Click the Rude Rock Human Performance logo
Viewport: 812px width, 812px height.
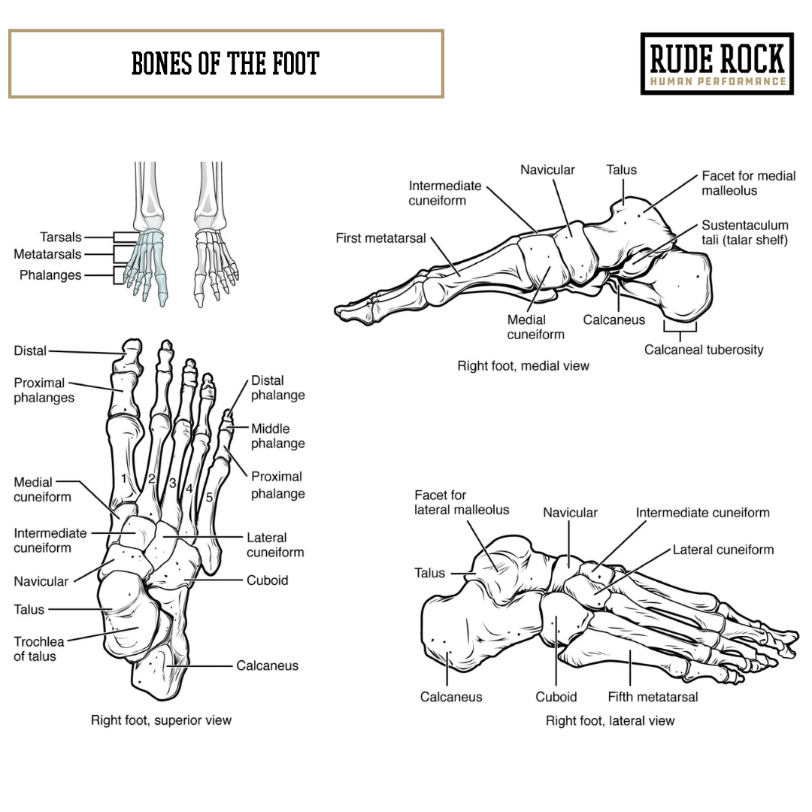pos(717,64)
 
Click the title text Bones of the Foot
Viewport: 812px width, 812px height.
pos(226,64)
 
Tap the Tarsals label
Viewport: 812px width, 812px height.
pos(61,237)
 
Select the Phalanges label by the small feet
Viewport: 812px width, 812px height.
pos(50,275)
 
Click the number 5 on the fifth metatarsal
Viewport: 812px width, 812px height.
pos(209,497)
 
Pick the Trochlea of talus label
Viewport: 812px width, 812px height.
pos(39,649)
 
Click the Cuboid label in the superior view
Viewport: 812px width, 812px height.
pos(267,580)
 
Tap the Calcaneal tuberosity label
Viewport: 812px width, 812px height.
pos(703,350)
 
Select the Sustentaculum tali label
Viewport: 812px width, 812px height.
pos(744,232)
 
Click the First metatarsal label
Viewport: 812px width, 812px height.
pos(380,238)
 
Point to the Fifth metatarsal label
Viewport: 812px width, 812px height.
pos(653,697)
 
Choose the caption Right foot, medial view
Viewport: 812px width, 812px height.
pos(523,366)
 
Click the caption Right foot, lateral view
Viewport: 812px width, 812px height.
pos(610,721)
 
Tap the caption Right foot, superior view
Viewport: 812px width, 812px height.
pos(161,720)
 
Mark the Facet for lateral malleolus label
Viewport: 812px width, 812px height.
pos(462,502)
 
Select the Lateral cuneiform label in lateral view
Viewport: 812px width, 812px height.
pos(723,550)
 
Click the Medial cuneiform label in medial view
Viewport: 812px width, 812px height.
pos(535,327)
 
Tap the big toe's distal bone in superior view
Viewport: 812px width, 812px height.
pos(132,351)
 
